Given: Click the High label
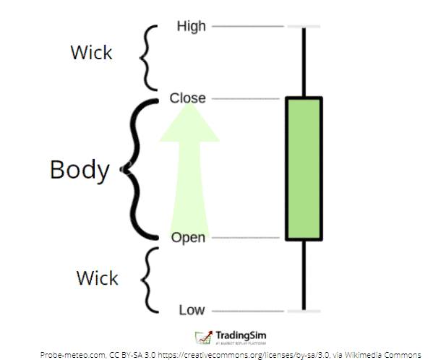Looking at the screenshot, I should tap(192, 27).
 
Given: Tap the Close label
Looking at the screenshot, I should tap(188, 98).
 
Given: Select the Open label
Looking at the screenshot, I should tap(188, 237).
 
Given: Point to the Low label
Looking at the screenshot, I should tap(192, 310).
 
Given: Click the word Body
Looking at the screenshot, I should tap(80, 169).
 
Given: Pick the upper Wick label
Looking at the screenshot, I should tap(91, 53).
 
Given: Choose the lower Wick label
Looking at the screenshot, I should tap(97, 277).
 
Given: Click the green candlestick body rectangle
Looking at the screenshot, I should tap(304, 168).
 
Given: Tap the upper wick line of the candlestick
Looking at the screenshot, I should tap(304, 61).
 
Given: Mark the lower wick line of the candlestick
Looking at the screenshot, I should tap(304, 275).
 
